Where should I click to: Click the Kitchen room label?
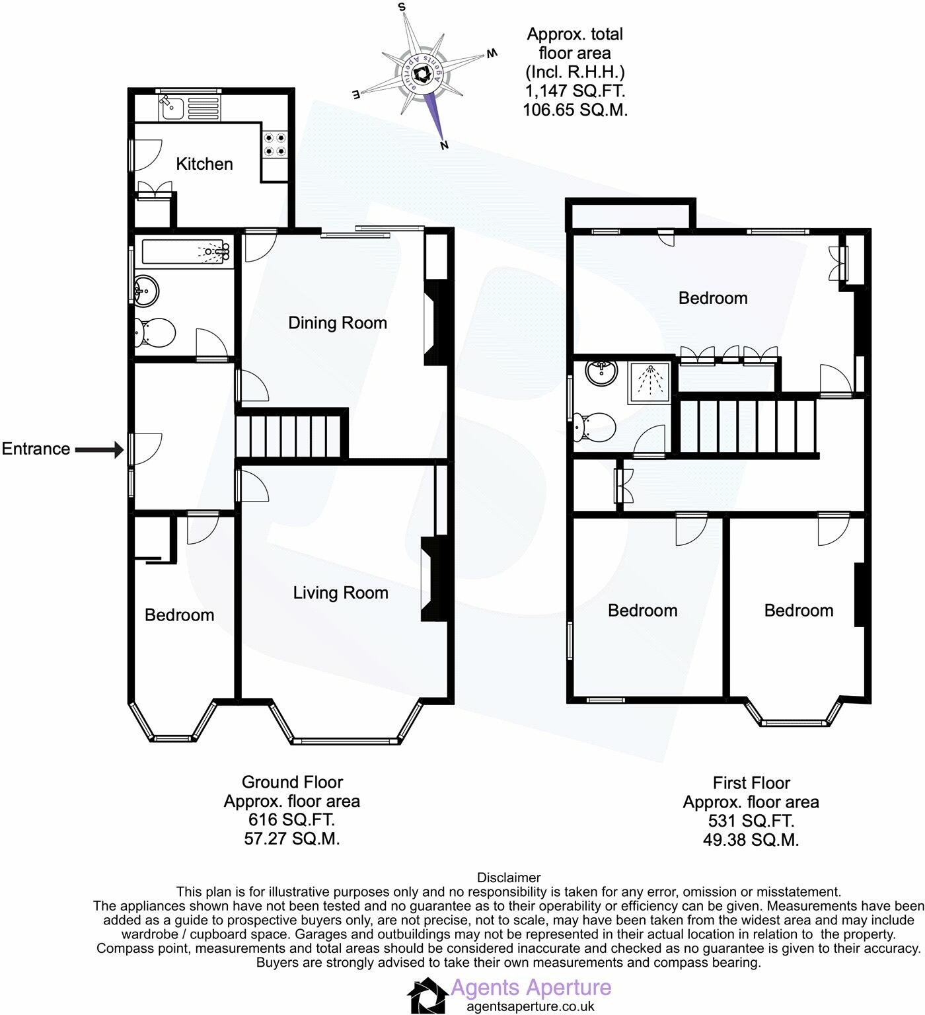[204, 164]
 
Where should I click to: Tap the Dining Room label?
[337, 323]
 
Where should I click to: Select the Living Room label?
[340, 593]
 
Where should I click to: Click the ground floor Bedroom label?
[179, 615]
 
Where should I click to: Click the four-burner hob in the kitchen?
[276, 145]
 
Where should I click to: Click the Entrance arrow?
[99, 450]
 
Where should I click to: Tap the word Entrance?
[36, 449]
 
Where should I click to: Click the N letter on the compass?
[445, 145]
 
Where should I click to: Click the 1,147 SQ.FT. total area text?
[575, 91]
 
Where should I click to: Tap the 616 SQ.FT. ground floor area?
[291, 821]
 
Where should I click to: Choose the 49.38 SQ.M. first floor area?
[751, 841]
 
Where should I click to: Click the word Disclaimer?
[509, 878]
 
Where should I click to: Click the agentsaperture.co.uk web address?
[531, 1006]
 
